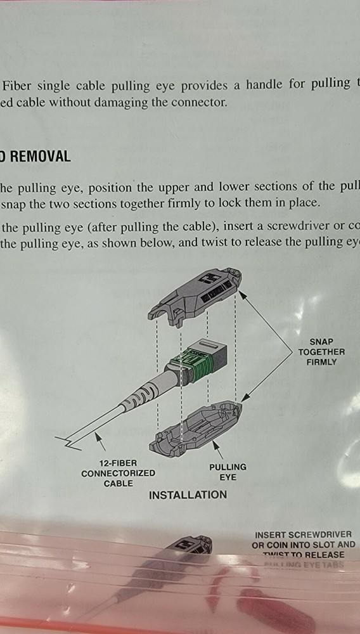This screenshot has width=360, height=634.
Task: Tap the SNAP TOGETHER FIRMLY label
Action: tap(321, 352)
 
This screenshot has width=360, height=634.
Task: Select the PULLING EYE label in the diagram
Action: tap(228, 472)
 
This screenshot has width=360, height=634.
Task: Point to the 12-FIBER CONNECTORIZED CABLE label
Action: tap(119, 473)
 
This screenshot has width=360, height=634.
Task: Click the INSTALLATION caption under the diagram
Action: tap(188, 495)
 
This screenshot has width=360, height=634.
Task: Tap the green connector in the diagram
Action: tap(193, 362)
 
